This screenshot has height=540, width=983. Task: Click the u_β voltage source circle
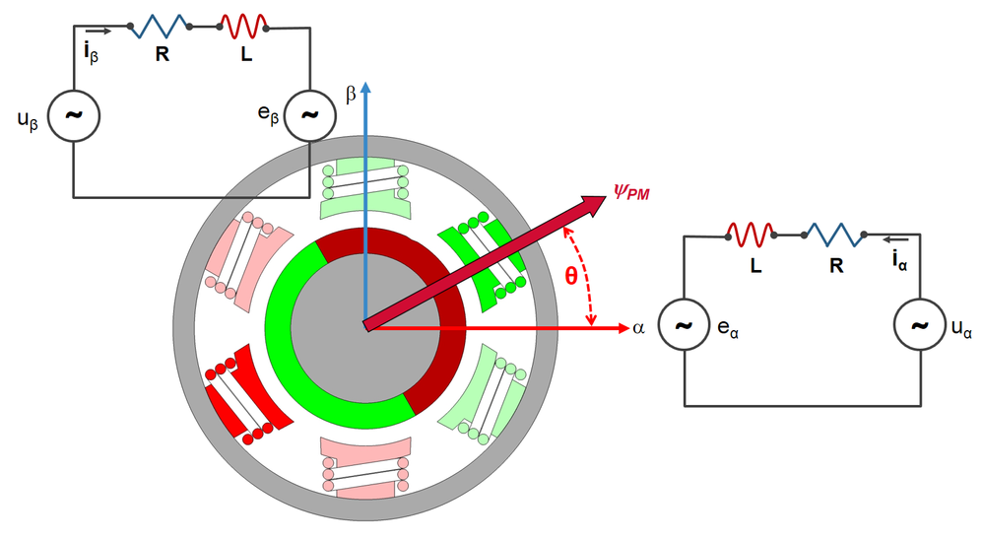(74, 114)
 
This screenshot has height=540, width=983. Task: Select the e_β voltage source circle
(309, 114)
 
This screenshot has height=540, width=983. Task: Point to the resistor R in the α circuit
(833, 235)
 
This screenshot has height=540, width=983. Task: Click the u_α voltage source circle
(920, 325)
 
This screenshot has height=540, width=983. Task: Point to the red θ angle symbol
(570, 277)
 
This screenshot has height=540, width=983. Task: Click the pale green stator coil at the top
(363, 187)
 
